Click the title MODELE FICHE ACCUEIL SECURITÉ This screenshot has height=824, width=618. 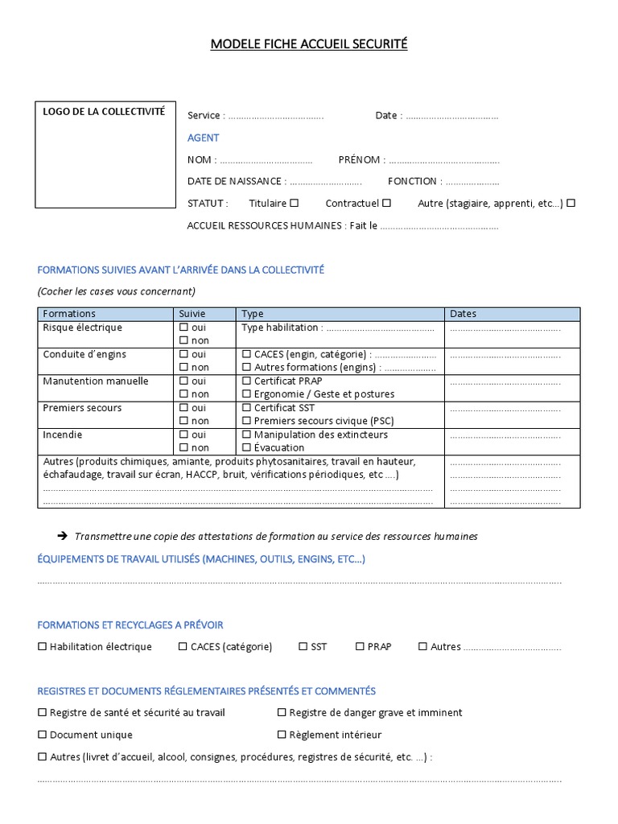pyautogui.click(x=309, y=44)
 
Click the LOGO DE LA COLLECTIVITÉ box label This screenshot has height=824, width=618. pyautogui.click(x=104, y=112)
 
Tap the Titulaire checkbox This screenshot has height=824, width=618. pyautogui.click(x=294, y=204)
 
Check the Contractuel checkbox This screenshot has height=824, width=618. pyautogui.click(x=386, y=204)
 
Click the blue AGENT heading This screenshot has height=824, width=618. pyautogui.click(x=203, y=138)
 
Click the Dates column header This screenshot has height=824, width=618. pyautogui.click(x=463, y=314)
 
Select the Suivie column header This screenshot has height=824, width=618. pyautogui.click(x=192, y=314)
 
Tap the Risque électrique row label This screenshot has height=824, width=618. pyautogui.click(x=82, y=328)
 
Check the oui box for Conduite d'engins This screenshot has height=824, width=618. pyautogui.click(x=183, y=354)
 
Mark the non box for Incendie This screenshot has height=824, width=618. pyautogui.click(x=183, y=448)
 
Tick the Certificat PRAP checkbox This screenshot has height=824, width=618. pyautogui.click(x=246, y=381)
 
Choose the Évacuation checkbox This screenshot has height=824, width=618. pyautogui.click(x=246, y=448)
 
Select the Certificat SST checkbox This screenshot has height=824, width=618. pyautogui.click(x=246, y=408)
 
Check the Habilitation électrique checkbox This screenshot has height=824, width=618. pyautogui.click(x=42, y=647)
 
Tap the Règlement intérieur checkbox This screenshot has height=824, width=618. pyautogui.click(x=282, y=735)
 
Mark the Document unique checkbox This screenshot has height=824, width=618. pyautogui.click(x=42, y=735)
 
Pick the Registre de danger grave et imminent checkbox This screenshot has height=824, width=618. pyautogui.click(x=282, y=712)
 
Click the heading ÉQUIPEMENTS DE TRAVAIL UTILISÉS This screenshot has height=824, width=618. pyautogui.click(x=201, y=559)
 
